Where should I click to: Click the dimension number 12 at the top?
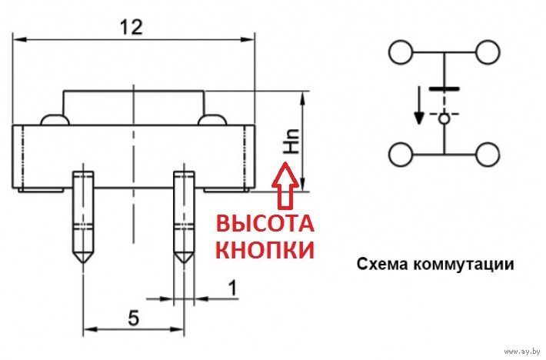[x=132, y=27]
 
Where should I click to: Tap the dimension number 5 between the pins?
[x=133, y=317]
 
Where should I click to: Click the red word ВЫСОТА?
[x=264, y=225]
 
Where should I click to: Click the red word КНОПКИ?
[x=264, y=250]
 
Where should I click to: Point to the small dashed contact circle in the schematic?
[x=444, y=118]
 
